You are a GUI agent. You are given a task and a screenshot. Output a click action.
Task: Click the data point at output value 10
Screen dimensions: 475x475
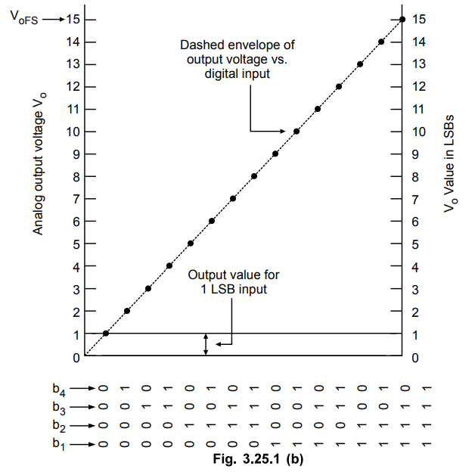[296, 132]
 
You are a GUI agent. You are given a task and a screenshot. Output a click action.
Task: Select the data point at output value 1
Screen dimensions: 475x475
[106, 334]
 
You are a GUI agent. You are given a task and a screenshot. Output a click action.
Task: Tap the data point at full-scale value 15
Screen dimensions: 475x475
[402, 19]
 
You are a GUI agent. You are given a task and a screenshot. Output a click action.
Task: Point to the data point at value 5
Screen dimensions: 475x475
[191, 244]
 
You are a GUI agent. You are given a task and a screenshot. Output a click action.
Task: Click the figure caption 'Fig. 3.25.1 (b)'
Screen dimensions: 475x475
[259, 458]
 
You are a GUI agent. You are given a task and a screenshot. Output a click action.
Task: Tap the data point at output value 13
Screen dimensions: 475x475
[360, 64]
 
